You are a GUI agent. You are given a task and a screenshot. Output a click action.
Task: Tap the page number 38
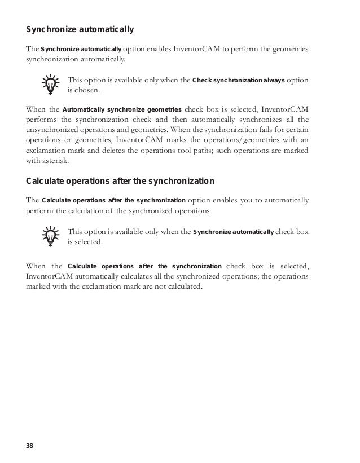pyautogui.click(x=29, y=447)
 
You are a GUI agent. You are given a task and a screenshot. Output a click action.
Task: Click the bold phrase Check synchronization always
pyautogui.click(x=239, y=80)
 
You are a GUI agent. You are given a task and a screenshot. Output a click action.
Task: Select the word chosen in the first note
pyautogui.click(x=82, y=90)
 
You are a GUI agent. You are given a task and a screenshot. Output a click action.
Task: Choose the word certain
pyautogui.click(x=296, y=129)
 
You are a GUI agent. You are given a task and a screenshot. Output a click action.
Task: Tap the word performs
pyautogui.click(x=39, y=119)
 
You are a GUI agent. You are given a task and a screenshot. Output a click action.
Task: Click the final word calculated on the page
pyautogui.click(x=184, y=286)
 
